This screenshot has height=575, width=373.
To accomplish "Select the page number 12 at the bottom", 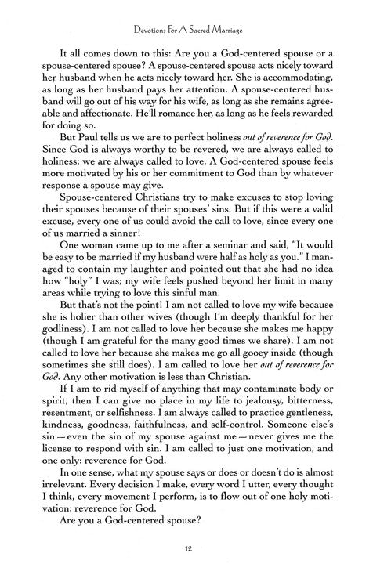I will tap(186, 551).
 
